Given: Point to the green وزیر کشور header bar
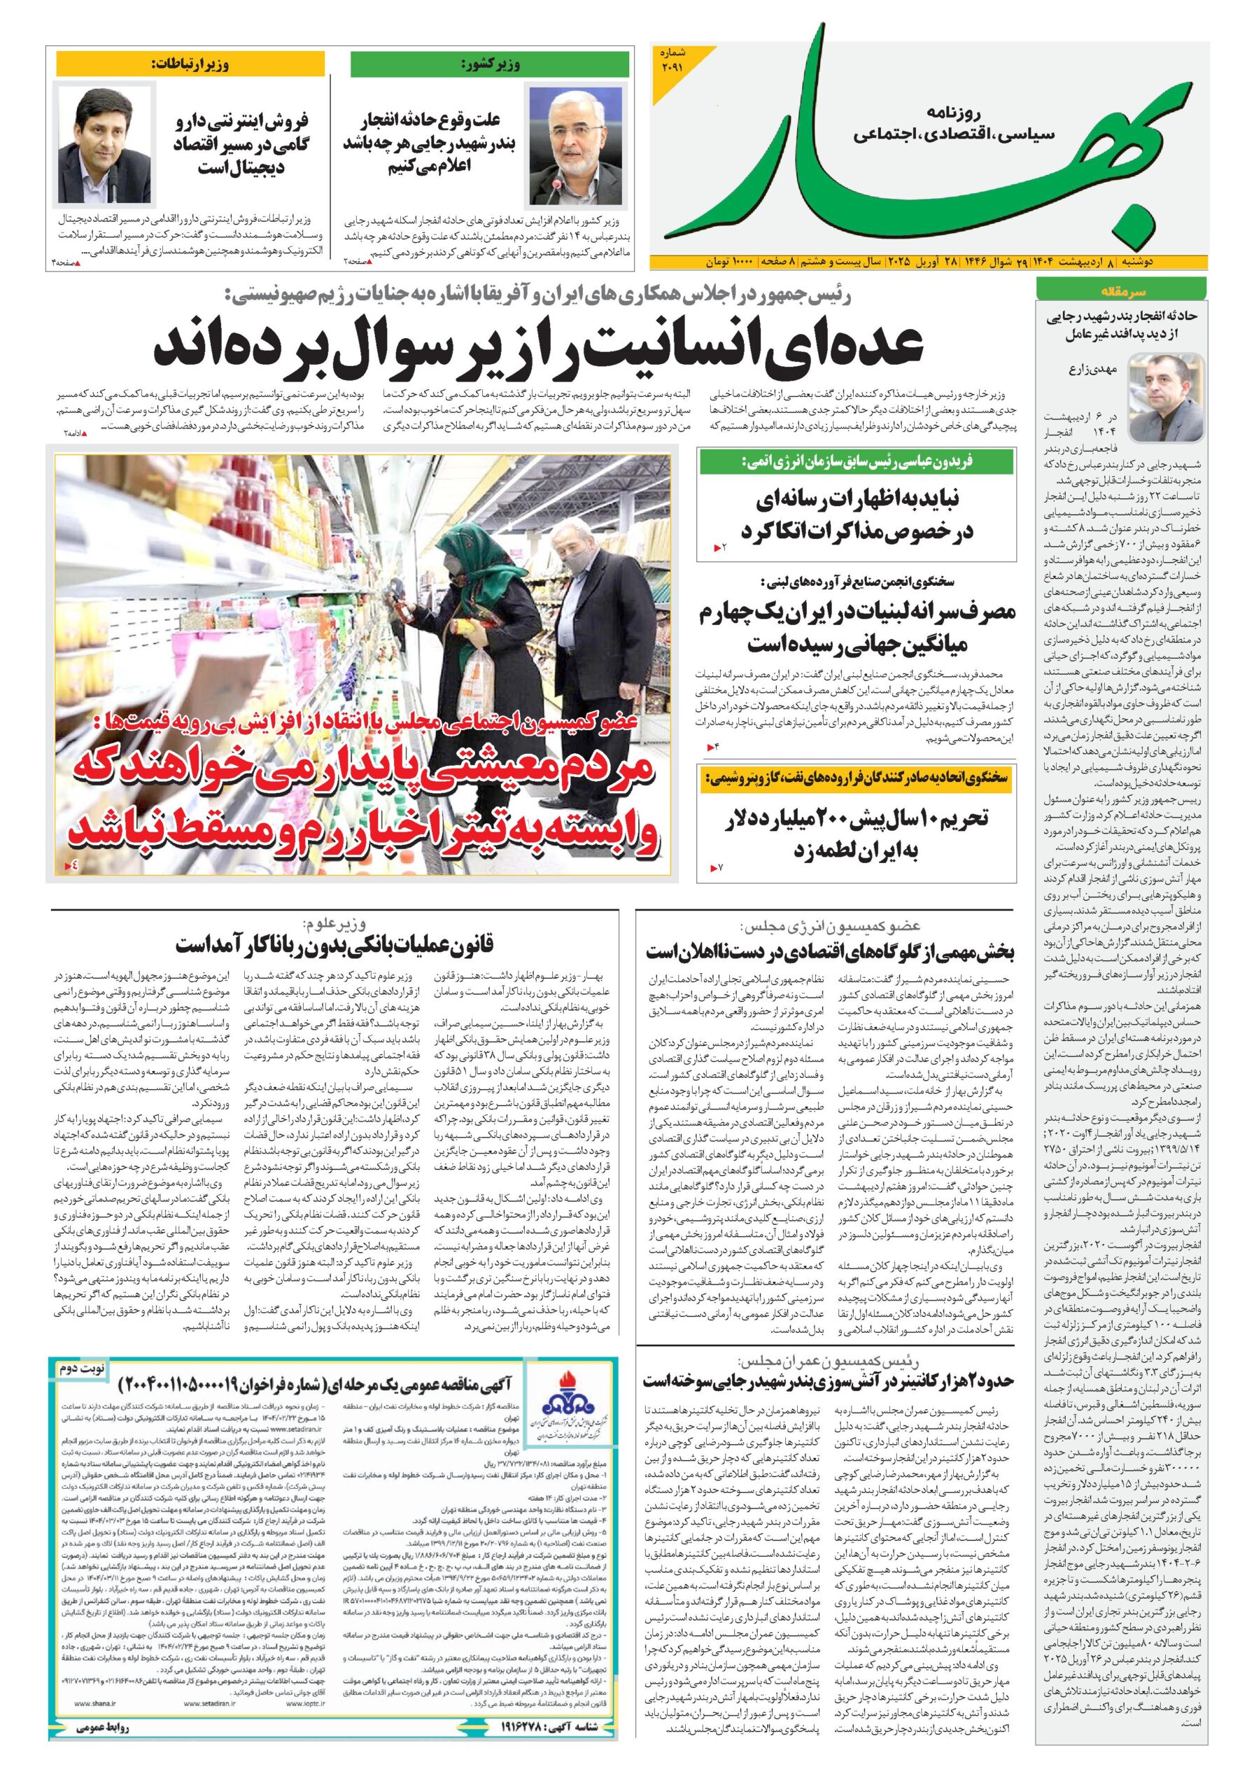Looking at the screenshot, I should click(x=489, y=64).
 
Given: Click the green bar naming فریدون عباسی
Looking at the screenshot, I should click(x=856, y=461).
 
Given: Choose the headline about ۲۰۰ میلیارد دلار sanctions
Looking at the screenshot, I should click(x=856, y=833).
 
